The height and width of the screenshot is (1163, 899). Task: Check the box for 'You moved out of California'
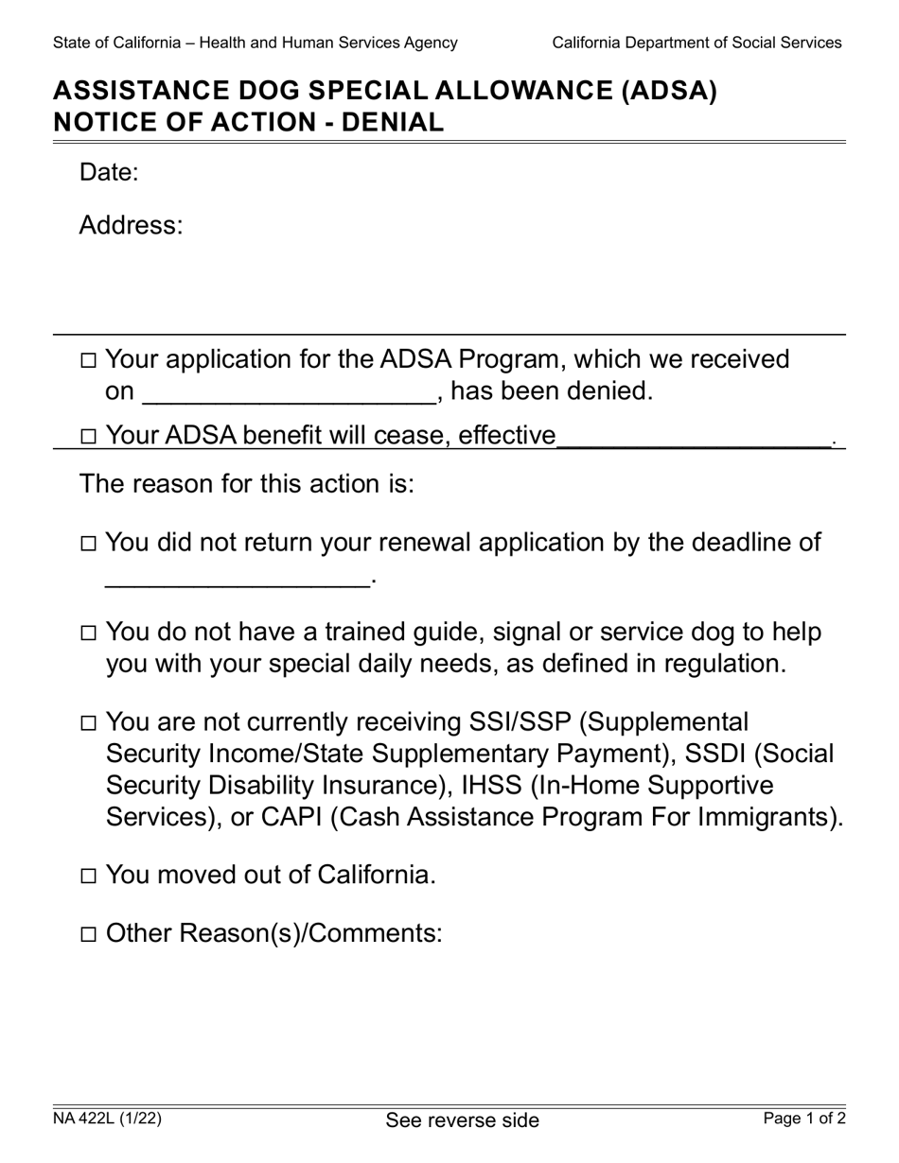(x=88, y=877)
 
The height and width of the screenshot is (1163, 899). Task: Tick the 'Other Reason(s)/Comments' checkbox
(x=88, y=935)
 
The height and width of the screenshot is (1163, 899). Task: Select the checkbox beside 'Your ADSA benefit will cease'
(x=88, y=437)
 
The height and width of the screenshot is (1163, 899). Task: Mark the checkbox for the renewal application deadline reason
(x=88, y=544)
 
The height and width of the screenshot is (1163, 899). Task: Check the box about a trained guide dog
(x=88, y=634)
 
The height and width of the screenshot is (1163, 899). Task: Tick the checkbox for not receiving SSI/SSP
(x=88, y=724)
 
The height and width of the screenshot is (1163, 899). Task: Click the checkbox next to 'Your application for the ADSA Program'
(x=88, y=360)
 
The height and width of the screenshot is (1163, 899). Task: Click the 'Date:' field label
(x=109, y=172)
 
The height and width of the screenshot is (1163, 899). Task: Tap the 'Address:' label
(x=130, y=226)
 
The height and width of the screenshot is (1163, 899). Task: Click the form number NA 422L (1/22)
(x=107, y=1119)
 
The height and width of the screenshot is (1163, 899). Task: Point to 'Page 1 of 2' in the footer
(x=804, y=1119)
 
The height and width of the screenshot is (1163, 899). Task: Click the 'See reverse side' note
(x=462, y=1120)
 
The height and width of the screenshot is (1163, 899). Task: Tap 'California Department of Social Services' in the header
(x=696, y=43)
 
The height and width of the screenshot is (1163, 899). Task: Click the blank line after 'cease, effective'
(x=694, y=439)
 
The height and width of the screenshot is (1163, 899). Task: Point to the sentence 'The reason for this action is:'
(x=247, y=484)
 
